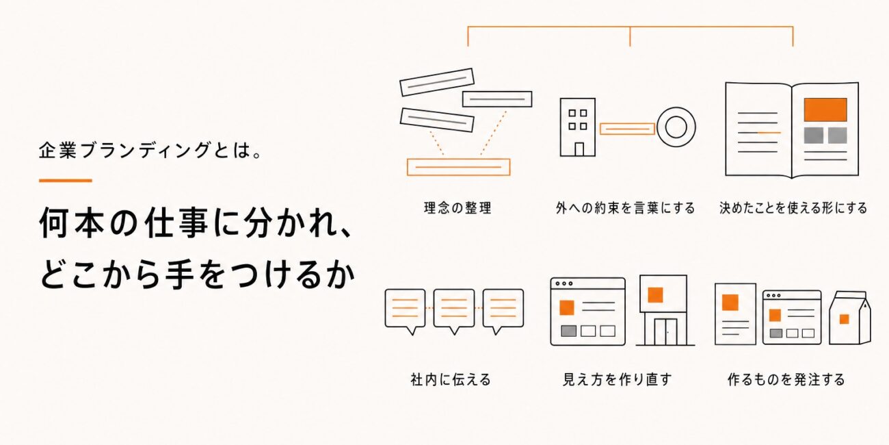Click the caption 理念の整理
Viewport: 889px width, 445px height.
point(457,208)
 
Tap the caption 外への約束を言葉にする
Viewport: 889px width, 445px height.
point(626,208)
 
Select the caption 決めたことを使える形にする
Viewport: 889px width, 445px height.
point(793,208)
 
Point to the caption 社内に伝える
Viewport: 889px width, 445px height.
point(451,379)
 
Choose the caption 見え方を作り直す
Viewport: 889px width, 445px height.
point(618,379)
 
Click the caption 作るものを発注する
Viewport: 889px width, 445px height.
point(786,379)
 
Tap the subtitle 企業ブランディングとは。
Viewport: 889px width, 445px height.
point(150,151)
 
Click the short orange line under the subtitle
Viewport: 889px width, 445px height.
point(66,181)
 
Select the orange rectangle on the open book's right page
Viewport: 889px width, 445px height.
point(825,110)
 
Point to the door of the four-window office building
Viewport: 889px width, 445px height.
point(579,149)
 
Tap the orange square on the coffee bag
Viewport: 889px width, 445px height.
point(844,319)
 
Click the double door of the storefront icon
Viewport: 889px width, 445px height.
point(666,332)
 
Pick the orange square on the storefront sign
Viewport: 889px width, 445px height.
point(655,295)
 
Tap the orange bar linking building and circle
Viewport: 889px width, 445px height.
point(627,129)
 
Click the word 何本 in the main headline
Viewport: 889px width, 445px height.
point(71,223)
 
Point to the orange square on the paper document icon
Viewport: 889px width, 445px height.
point(730,303)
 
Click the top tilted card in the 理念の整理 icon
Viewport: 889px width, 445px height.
point(436,82)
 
